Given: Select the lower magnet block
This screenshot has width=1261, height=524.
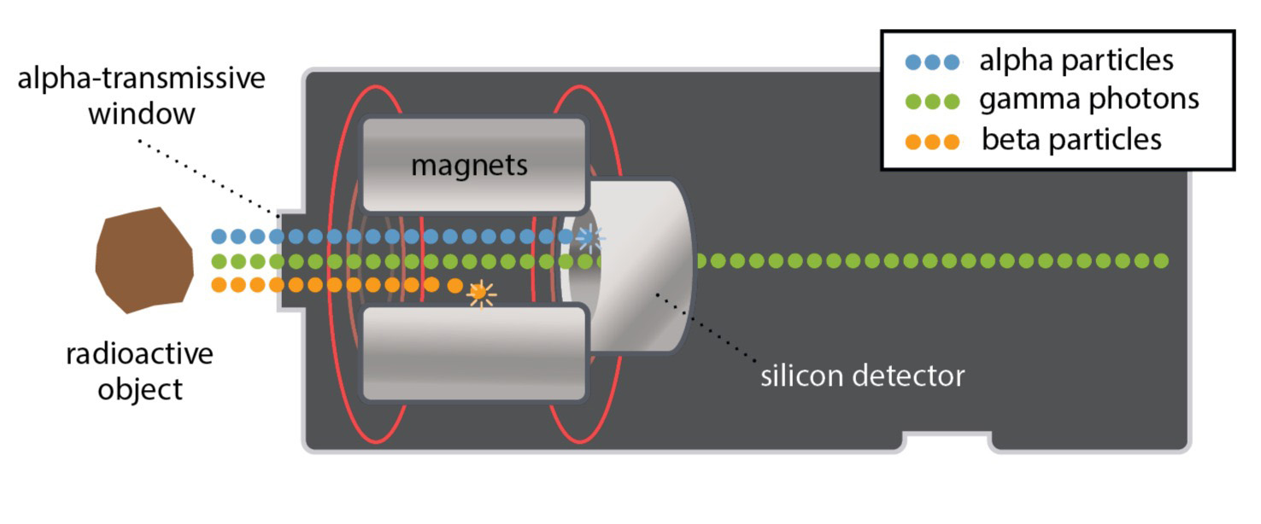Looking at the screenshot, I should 474,352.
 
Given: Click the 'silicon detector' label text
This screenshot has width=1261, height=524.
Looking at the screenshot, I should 862,376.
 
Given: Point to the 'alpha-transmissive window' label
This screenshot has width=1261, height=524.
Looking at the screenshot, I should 141,96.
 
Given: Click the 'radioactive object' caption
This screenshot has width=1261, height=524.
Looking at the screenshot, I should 139,371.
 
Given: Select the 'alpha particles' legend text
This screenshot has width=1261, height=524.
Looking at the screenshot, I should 1076,61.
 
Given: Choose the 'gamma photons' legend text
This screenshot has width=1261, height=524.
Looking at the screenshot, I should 1088,99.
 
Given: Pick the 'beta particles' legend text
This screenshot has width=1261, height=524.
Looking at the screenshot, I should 1071,138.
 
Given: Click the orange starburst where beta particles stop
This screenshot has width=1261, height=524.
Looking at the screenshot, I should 481,293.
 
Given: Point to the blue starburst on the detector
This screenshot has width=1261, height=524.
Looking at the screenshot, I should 588,236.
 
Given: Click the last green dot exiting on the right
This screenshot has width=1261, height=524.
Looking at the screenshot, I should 1160,261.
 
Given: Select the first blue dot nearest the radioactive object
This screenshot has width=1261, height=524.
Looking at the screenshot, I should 219,236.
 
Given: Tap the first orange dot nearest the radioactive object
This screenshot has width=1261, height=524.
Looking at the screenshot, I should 219,285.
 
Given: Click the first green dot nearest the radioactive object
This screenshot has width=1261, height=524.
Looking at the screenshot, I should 219,261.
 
